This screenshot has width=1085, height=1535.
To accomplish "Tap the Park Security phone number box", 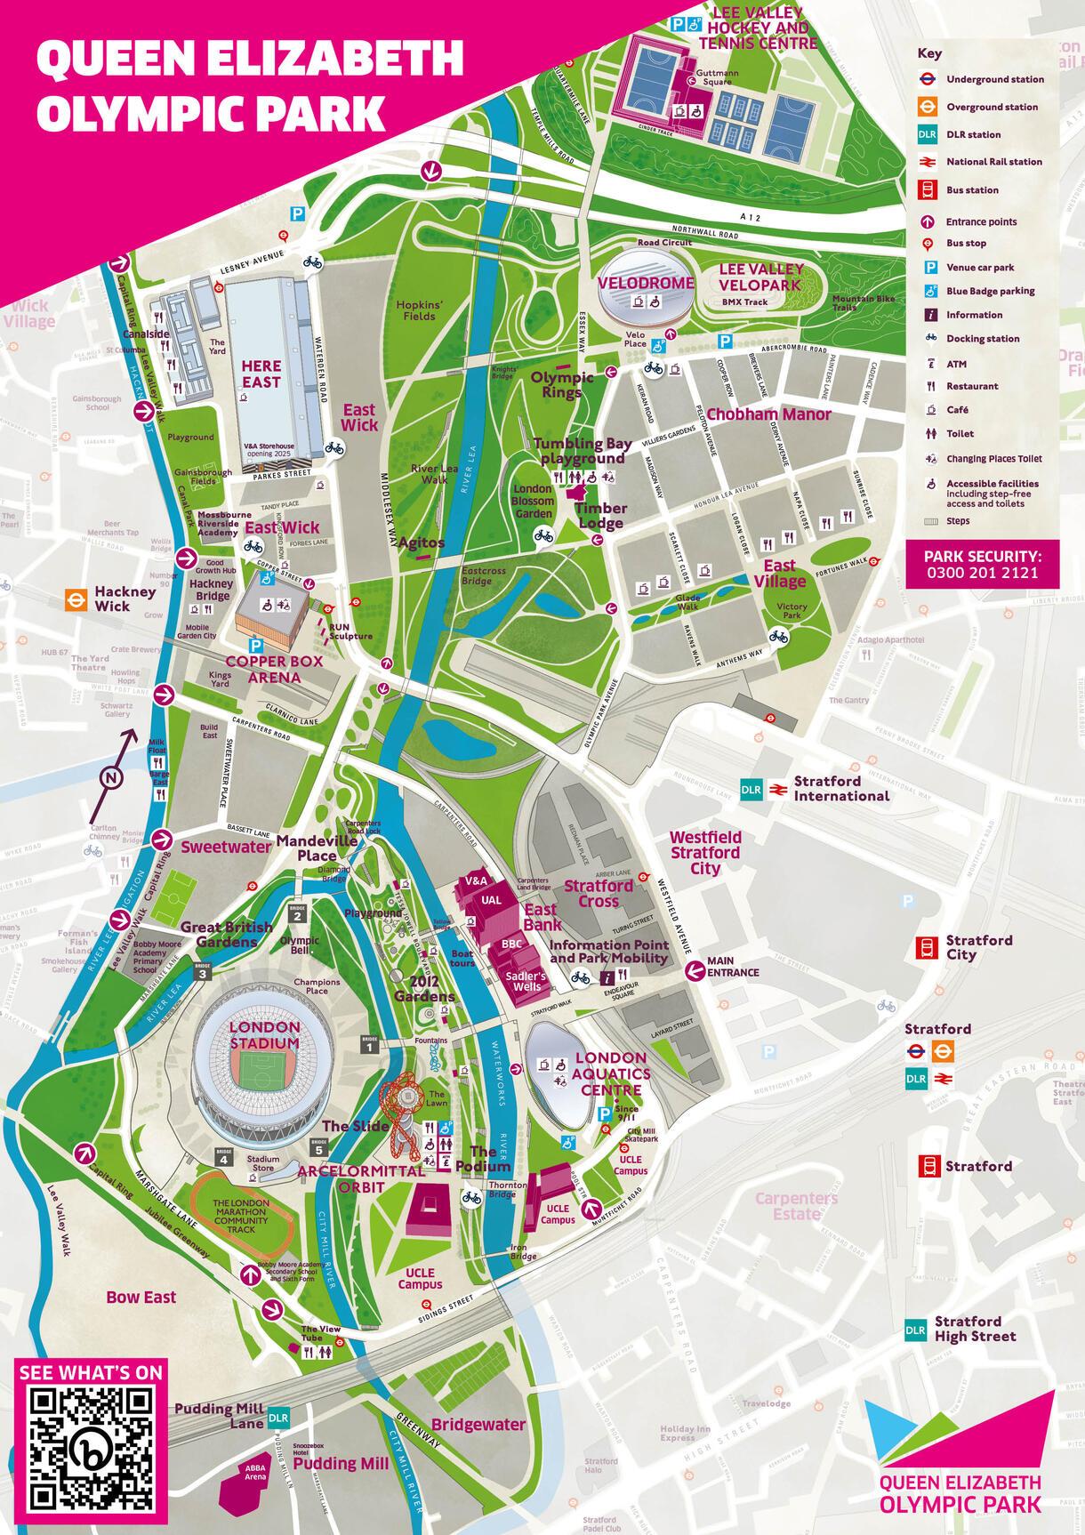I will click(983, 564).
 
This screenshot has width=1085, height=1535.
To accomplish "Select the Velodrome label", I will click(632, 283).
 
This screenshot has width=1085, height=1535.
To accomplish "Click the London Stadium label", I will click(264, 1034).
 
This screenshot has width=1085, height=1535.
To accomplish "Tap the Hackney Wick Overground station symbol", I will click(77, 599).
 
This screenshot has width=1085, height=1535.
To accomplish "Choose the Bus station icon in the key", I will click(927, 189).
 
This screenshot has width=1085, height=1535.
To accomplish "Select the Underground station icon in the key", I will click(927, 79).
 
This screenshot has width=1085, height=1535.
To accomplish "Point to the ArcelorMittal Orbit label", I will click(361, 1178).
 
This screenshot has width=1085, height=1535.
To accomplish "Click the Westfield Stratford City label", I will click(705, 852).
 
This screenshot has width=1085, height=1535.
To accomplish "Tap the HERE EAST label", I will click(261, 374).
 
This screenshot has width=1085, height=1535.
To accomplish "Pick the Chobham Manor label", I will click(768, 414).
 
